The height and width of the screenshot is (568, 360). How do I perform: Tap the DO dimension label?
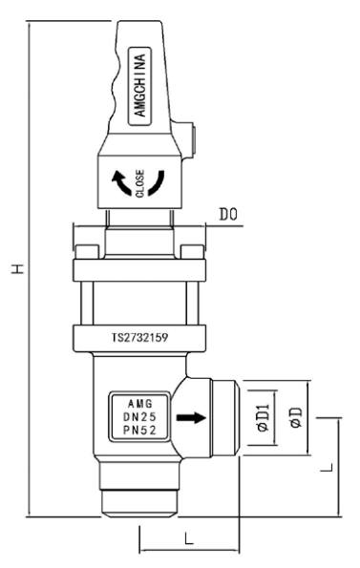(226, 219)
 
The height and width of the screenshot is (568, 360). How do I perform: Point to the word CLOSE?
(140, 182)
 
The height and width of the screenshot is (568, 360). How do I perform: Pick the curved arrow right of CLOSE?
(160, 181)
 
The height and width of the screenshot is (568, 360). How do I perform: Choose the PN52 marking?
(139, 431)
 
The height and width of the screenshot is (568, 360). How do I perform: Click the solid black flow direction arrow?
(192, 417)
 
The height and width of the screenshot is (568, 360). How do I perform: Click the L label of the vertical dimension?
(326, 467)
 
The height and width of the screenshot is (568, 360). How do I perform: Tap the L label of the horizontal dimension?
(187, 539)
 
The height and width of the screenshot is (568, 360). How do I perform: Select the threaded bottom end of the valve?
(139, 498)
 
